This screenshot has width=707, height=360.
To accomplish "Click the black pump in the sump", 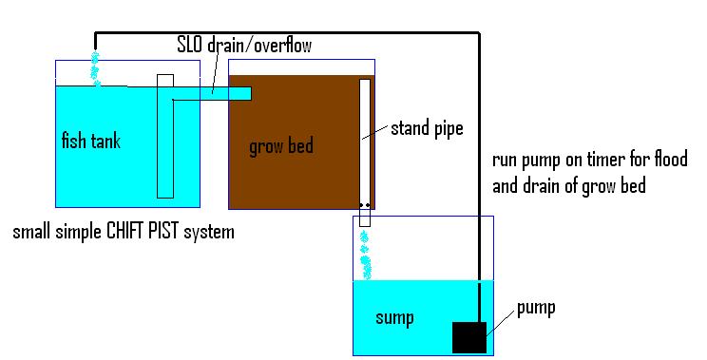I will point(469,337).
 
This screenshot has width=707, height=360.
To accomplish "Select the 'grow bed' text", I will point(280,147).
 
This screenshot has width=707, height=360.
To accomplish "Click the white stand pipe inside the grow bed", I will point(364,142).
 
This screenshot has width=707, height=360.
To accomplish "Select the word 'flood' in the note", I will point(667,158).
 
